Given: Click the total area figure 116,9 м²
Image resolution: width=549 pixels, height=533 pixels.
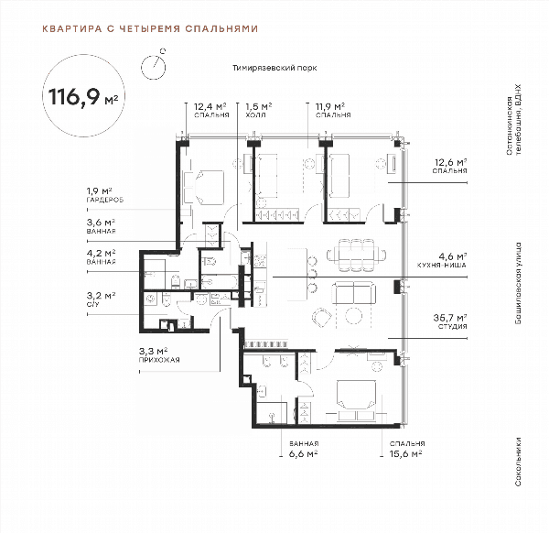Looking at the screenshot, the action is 83,97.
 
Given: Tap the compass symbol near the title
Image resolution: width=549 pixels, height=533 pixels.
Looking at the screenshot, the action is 154,66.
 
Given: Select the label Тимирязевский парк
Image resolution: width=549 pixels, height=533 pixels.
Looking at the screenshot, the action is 274,68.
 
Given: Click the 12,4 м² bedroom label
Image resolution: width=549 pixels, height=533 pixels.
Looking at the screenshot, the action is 211,110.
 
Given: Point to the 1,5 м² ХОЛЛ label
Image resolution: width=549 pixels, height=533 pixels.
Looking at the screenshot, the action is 259,110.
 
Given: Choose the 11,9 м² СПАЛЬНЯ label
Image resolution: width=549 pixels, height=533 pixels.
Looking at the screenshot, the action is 333,110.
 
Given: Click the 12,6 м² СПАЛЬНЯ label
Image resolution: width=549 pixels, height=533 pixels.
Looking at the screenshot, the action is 450,166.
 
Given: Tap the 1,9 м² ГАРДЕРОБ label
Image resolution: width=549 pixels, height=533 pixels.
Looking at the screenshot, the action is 105,195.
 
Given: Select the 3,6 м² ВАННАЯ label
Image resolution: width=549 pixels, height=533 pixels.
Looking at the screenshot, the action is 102,226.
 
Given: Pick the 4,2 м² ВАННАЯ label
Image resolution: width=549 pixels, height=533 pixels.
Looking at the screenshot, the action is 102,256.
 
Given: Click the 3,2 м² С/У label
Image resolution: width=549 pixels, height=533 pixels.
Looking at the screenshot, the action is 102,299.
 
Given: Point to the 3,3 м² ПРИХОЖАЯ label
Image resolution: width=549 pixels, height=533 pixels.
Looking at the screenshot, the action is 159,355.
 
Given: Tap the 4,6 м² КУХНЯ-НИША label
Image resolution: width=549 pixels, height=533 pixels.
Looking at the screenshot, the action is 442,260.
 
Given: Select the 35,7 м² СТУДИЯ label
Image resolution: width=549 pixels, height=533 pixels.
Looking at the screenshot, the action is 450,321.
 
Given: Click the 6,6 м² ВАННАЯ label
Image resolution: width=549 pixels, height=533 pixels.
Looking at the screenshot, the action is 304,450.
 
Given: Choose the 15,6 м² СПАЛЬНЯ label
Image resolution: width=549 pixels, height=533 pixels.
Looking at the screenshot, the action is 407,450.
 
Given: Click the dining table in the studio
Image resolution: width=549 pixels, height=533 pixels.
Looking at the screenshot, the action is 357,255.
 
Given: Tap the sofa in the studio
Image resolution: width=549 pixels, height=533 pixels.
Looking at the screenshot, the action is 353,293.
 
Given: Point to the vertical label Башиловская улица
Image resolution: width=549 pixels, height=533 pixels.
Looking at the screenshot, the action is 518,283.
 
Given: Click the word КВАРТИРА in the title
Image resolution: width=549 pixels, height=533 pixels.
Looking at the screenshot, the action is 72,28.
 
